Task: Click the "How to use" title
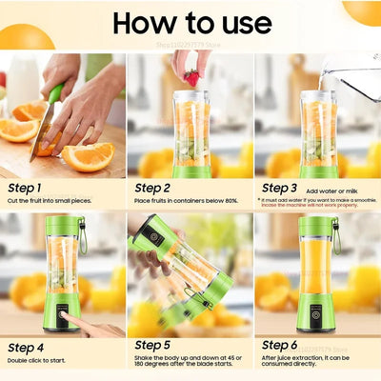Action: [190, 23]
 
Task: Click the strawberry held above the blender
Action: [192, 76]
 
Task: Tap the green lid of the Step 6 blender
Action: [317, 228]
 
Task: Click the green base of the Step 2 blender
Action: [190, 171]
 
